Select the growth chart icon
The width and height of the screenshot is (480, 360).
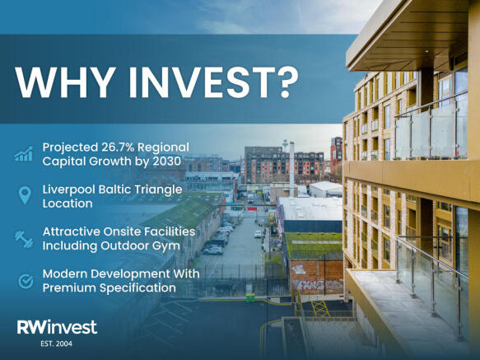click(24, 154)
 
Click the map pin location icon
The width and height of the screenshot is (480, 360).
click(25, 195)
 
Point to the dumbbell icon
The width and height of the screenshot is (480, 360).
click(24, 239)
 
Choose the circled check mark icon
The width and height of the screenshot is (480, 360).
click(26, 281)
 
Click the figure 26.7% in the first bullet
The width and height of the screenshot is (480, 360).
click(117, 147)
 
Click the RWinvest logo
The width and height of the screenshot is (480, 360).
click(57, 327)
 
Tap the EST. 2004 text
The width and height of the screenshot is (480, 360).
click(56, 344)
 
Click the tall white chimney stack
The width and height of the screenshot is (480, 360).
click(292, 169)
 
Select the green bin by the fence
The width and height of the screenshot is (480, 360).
click(250, 297)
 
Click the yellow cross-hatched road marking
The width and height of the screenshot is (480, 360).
click(320, 309)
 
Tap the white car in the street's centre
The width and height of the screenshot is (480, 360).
click(258, 234)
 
